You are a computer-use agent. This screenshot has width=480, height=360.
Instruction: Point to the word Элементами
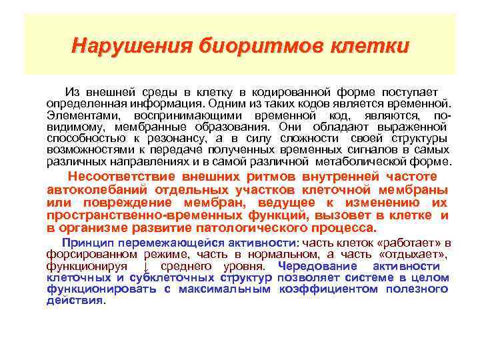point(77,115)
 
